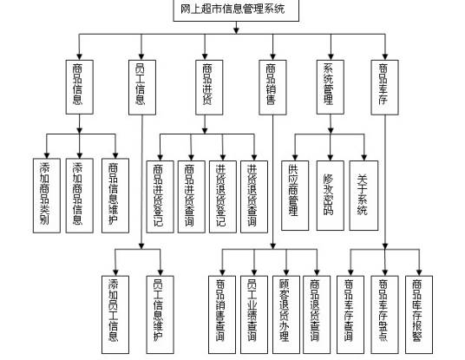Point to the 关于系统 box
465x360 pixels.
[363, 193]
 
